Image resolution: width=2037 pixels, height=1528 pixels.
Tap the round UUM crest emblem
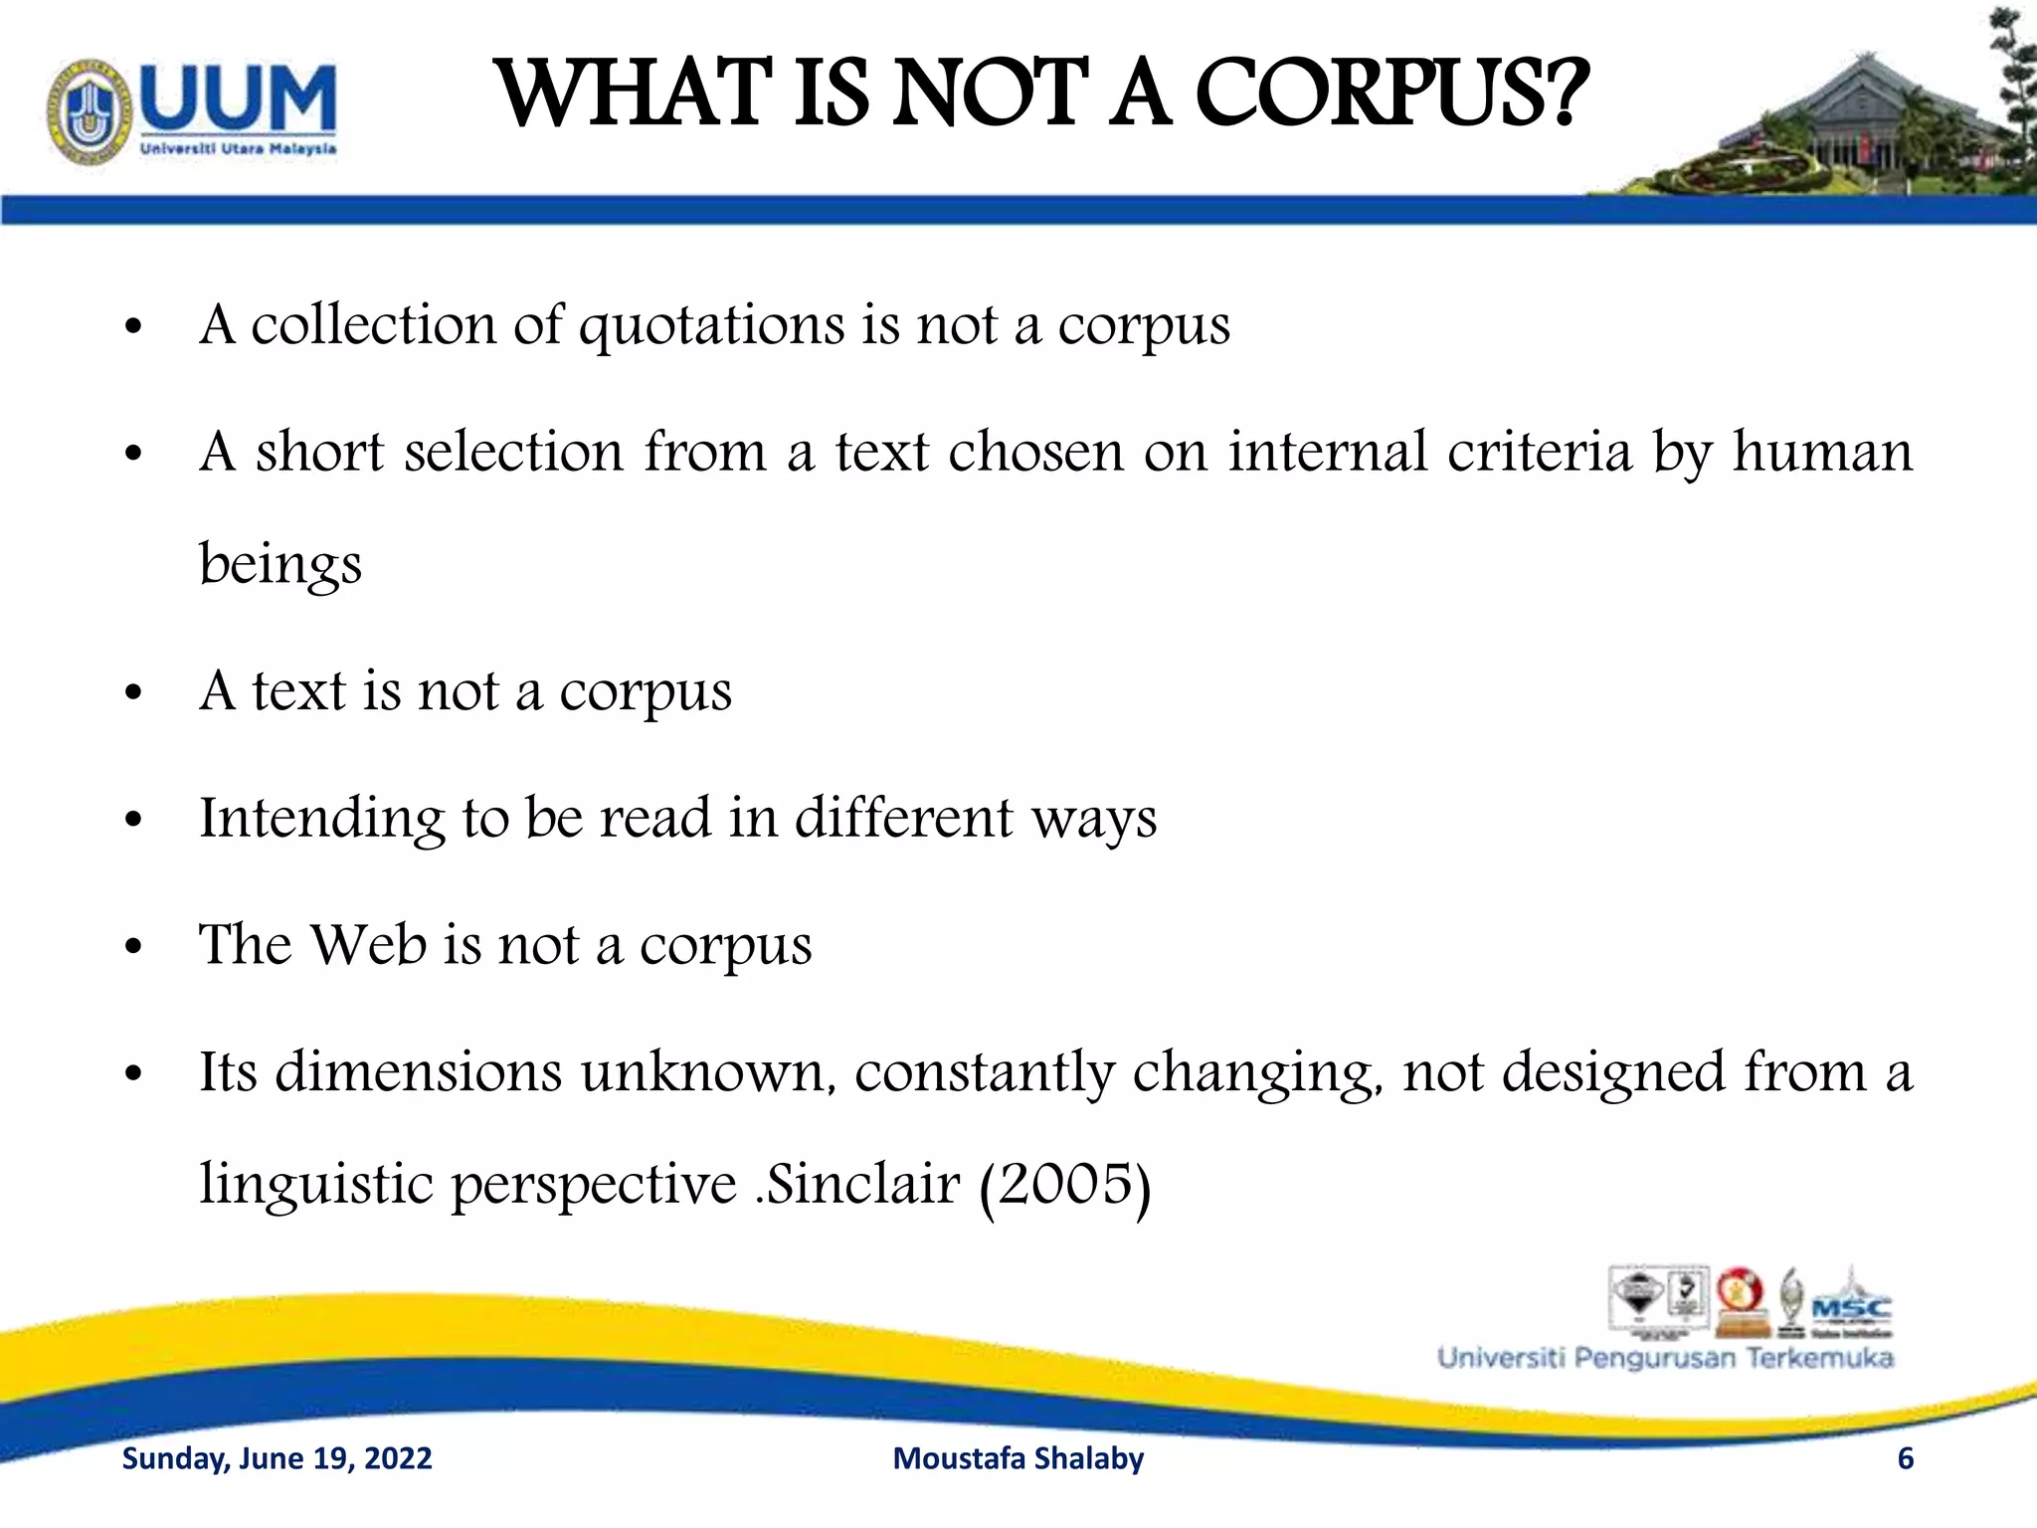click(90, 110)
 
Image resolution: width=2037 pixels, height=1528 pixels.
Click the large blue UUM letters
click(238, 97)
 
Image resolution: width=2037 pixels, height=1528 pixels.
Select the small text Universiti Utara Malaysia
click(239, 149)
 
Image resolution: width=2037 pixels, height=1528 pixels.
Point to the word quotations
click(711, 326)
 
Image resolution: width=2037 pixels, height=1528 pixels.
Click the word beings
click(280, 564)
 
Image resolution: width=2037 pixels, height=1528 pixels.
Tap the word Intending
click(321, 820)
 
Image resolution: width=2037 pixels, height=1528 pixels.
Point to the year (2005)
click(1065, 1185)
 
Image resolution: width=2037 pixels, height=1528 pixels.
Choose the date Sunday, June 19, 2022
click(277, 1458)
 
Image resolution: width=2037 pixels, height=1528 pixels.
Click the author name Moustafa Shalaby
click(1018, 1458)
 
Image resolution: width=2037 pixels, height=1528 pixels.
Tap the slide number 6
click(1906, 1458)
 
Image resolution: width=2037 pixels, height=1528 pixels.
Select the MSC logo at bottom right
click(1851, 1306)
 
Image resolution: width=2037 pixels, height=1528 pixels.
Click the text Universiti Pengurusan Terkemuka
click(1665, 1358)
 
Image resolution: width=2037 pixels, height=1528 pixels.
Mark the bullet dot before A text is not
click(135, 693)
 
